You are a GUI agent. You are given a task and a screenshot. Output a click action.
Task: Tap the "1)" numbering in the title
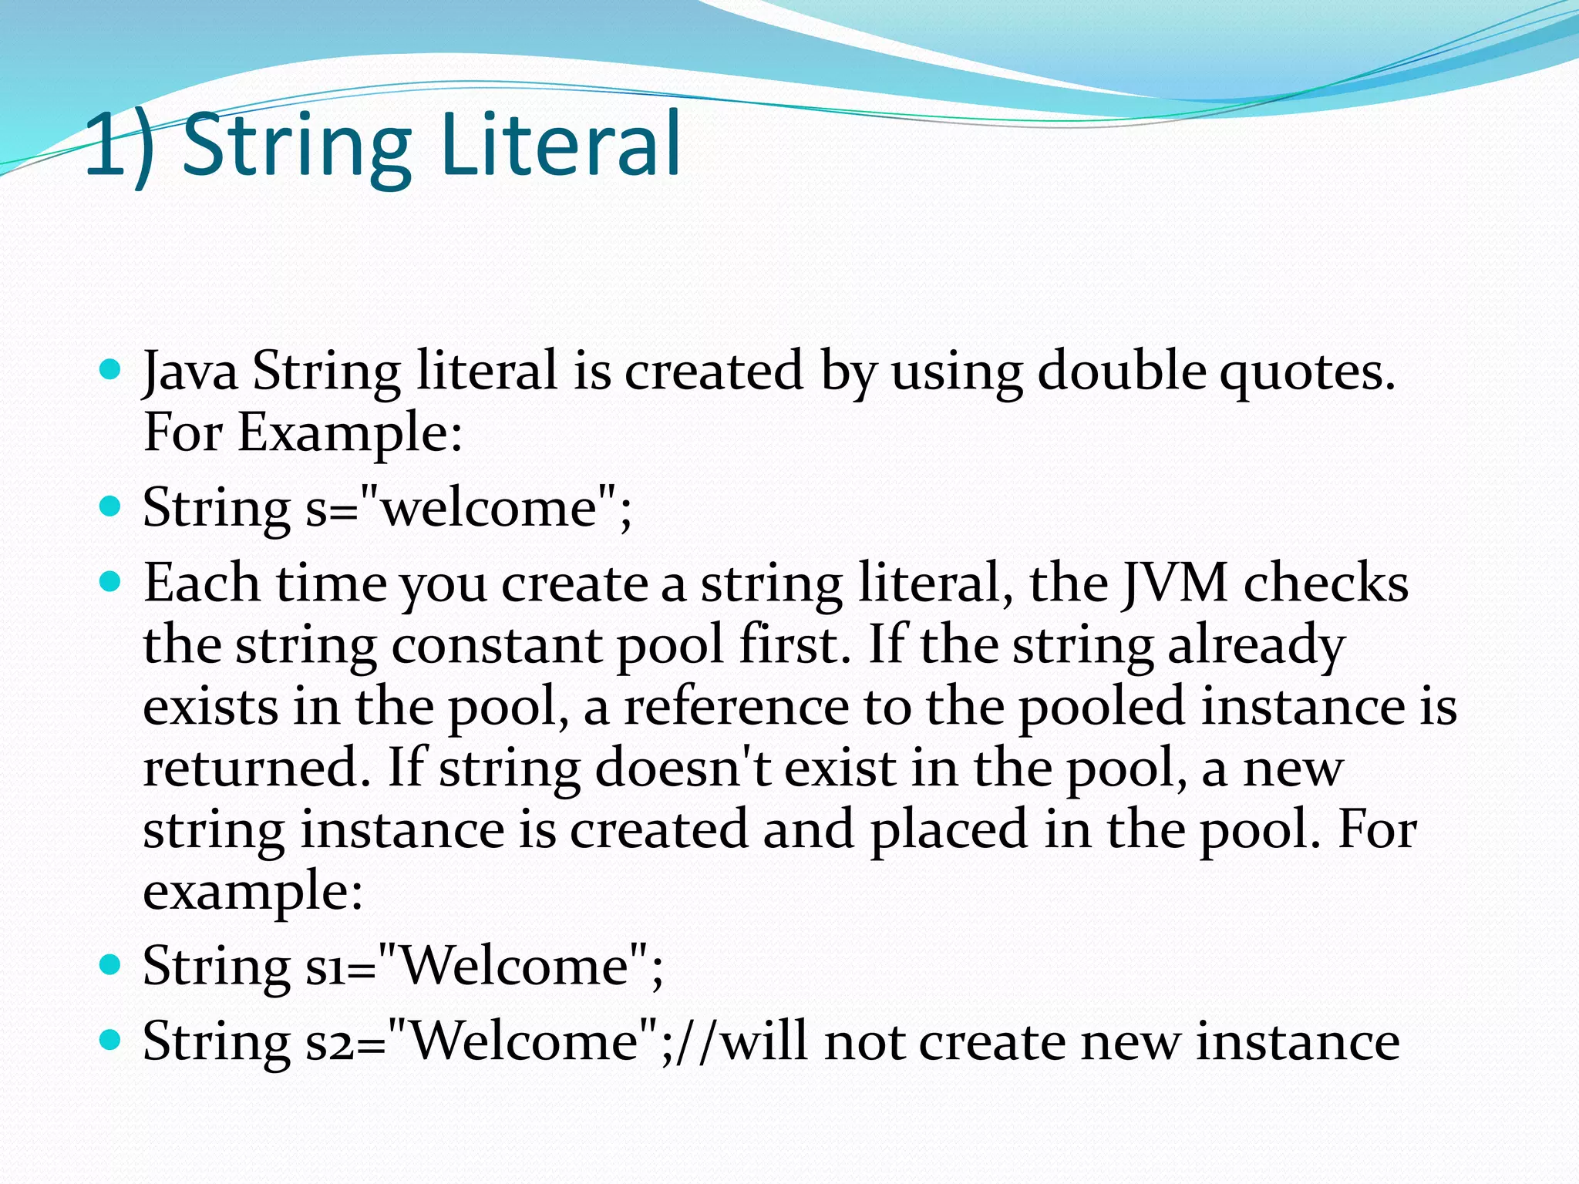[x=120, y=145]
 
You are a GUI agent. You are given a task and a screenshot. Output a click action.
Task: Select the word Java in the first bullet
[x=190, y=372]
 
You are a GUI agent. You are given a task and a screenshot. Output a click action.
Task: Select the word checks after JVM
[x=1326, y=584]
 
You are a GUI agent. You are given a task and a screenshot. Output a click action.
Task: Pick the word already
[x=1257, y=647]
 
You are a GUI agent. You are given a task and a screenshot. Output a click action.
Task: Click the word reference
[x=736, y=707]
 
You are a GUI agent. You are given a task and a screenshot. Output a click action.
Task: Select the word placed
[x=949, y=830]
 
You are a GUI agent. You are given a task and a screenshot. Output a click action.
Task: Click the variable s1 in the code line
[x=325, y=967]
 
